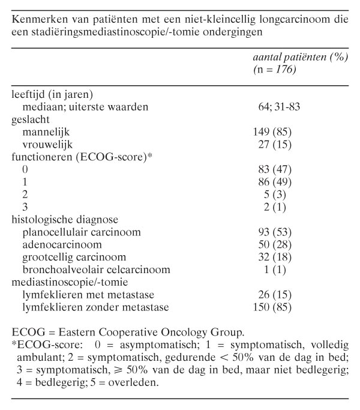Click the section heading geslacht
point(30,119)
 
